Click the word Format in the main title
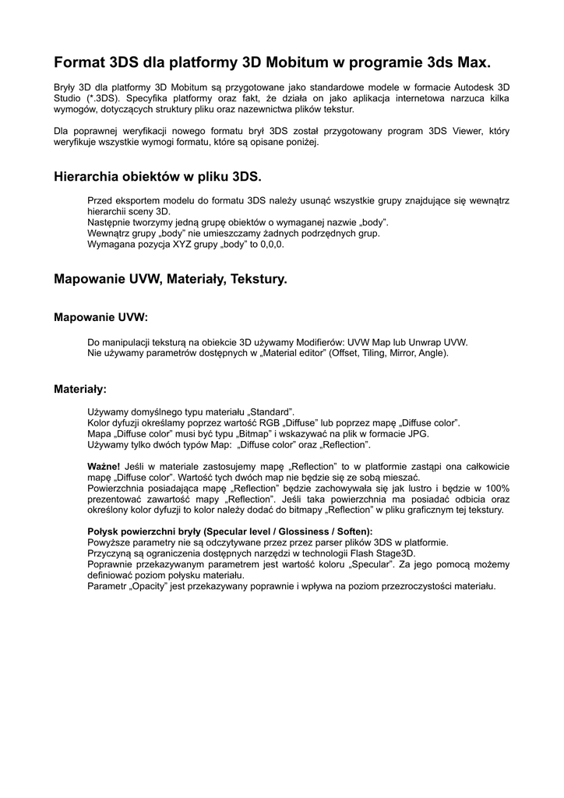click(x=79, y=62)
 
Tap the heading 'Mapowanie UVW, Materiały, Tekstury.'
click(x=171, y=278)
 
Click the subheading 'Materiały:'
click(x=80, y=387)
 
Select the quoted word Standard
click(x=271, y=411)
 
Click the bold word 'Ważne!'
click(x=104, y=466)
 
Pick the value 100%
click(x=492, y=488)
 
